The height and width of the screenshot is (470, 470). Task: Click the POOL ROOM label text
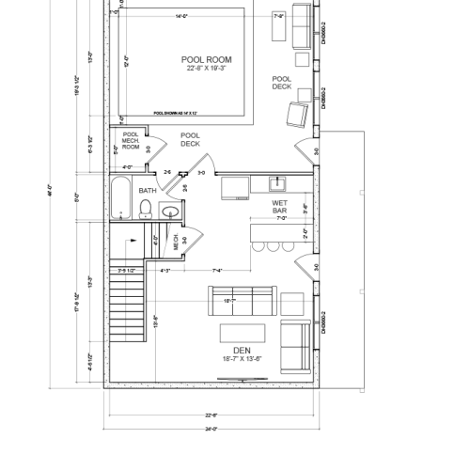point(207,63)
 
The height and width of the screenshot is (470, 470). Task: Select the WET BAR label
point(279,206)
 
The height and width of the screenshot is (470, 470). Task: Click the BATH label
point(148,191)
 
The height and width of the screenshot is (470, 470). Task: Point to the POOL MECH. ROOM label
point(130,141)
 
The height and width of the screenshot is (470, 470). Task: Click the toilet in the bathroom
point(144,213)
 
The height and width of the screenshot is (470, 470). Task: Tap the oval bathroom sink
point(170,211)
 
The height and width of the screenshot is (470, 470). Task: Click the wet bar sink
point(278,183)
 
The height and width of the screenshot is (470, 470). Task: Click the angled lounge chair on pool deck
point(296,116)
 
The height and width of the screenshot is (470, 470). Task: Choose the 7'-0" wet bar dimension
point(279,218)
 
